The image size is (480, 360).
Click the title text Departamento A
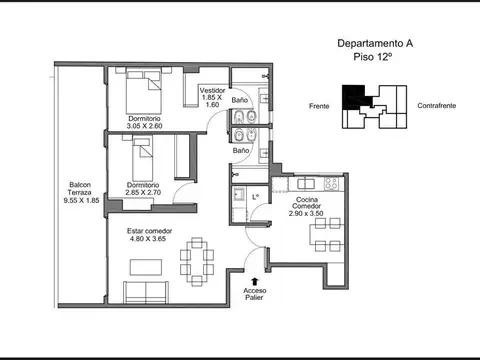pyautogui.click(x=374, y=44)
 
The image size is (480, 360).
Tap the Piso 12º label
pyautogui.click(x=374, y=58)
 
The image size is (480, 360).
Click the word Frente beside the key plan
pyautogui.click(x=320, y=104)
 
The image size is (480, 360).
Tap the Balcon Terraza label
pyautogui.click(x=81, y=189)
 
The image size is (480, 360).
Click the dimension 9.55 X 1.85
pyautogui.click(x=81, y=201)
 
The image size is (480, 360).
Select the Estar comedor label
pyautogui.click(x=149, y=231)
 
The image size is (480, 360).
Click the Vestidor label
pyautogui.click(x=212, y=90)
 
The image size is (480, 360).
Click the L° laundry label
pyautogui.click(x=256, y=196)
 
